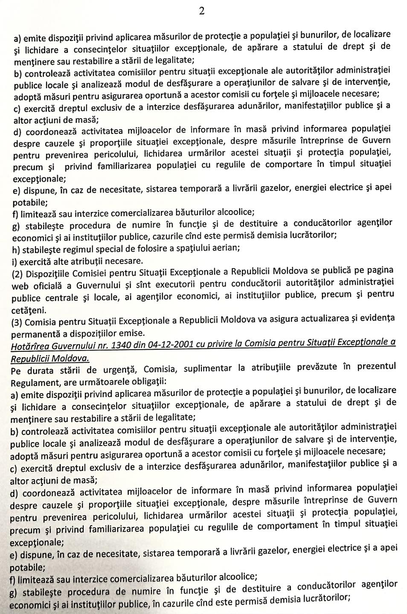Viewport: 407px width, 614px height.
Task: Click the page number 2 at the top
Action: [x=201, y=12]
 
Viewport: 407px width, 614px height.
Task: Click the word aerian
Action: [x=224, y=247]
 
